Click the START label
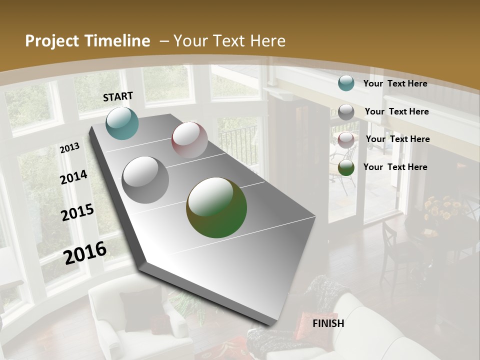point(118,96)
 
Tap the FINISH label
point(328,323)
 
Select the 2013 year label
point(69,148)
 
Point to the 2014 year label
point(73,177)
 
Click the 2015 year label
point(77,212)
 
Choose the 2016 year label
point(85,252)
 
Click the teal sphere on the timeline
point(122,123)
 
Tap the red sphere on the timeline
point(189,140)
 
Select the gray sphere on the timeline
point(145,180)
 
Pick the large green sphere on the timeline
point(216,207)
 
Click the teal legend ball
point(346,83)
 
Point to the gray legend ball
point(346,112)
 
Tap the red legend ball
point(346,140)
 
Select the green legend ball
point(346,168)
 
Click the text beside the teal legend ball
point(395,83)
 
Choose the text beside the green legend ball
point(395,167)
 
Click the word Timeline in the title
point(119,41)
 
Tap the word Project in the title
point(51,41)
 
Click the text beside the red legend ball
point(397,139)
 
